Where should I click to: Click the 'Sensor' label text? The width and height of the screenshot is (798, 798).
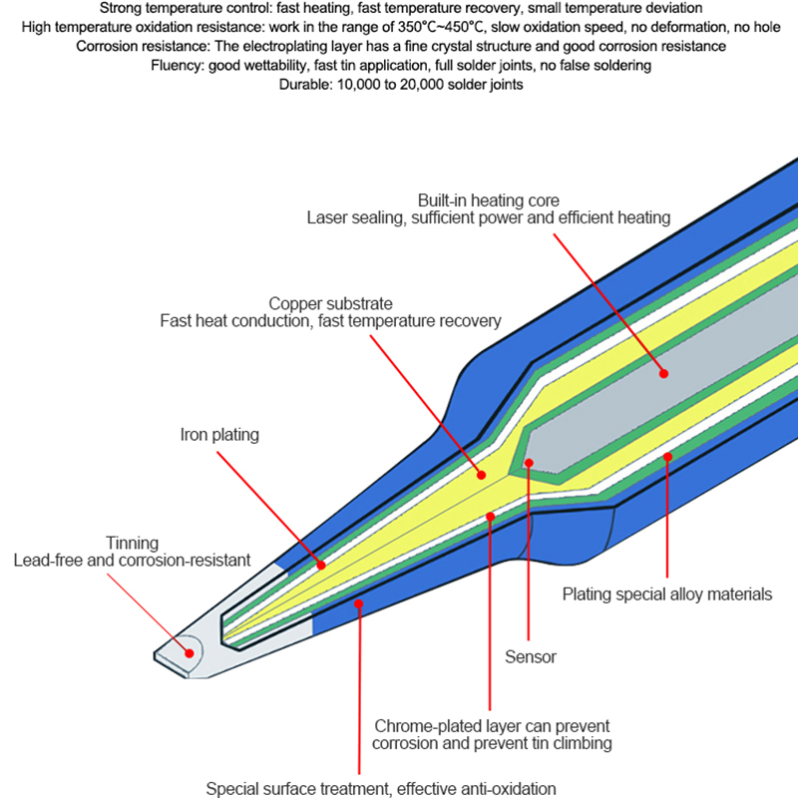tap(530, 656)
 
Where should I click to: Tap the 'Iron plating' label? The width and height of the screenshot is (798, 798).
tap(219, 435)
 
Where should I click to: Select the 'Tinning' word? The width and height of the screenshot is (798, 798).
tap(132, 543)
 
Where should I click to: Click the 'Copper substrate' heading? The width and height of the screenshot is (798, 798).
tap(330, 303)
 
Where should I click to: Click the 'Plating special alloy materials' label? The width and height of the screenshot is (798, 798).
tap(666, 595)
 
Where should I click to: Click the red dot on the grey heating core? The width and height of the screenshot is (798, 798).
tap(663, 373)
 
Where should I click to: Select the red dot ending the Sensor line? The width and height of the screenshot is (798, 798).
tap(530, 463)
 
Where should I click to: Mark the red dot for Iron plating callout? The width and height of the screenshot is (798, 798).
tap(321, 566)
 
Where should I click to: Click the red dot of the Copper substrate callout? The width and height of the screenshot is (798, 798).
tap(482, 476)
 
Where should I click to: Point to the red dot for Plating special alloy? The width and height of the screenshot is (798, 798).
tap(668, 458)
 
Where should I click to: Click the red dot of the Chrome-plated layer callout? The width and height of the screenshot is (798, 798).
tap(490, 515)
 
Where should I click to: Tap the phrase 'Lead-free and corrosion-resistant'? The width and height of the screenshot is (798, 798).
tap(132, 561)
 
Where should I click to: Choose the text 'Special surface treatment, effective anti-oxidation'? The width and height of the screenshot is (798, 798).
tap(381, 788)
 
